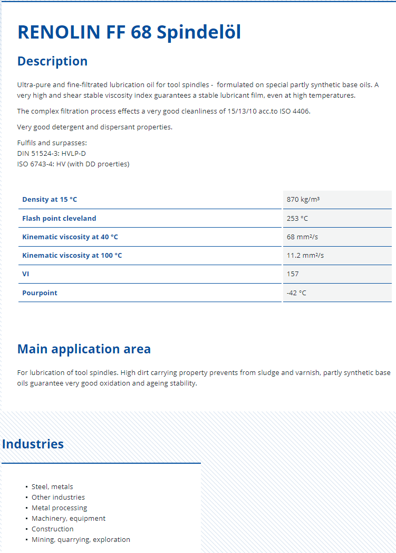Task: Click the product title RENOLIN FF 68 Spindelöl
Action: point(129,32)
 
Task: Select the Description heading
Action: point(52,61)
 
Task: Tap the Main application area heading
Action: point(84,349)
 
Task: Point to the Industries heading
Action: point(33,444)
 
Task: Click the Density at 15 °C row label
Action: point(50,200)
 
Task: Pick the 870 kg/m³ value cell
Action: point(303,200)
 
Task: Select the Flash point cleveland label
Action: point(59,218)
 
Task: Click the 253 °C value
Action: point(297,218)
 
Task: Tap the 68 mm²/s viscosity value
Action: point(302,237)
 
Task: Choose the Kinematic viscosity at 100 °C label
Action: point(72,255)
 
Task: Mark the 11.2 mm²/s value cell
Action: point(305,255)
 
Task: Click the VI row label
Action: point(26,274)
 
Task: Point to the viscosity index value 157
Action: point(293,274)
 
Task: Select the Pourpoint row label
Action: point(40,293)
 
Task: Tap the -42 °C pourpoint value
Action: point(296,293)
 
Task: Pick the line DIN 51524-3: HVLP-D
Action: point(51,153)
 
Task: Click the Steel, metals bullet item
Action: point(52,486)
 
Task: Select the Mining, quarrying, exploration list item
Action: point(81,539)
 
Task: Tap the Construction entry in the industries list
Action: point(53,529)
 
